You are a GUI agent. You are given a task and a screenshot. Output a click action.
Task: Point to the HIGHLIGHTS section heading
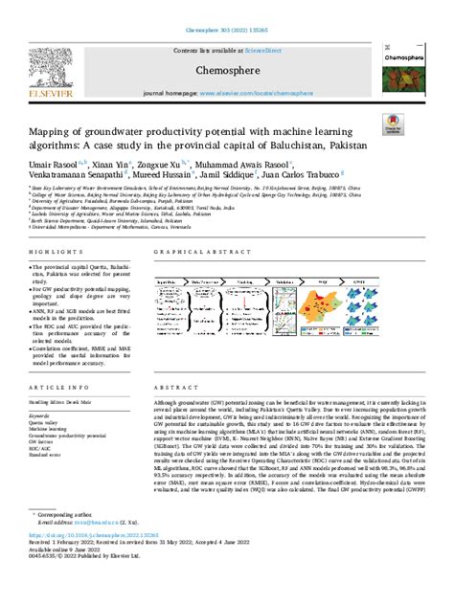click(46, 250)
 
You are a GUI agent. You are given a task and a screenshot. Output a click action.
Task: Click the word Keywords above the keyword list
click(41, 416)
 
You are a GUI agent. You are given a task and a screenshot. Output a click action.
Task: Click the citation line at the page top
click(226, 6)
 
